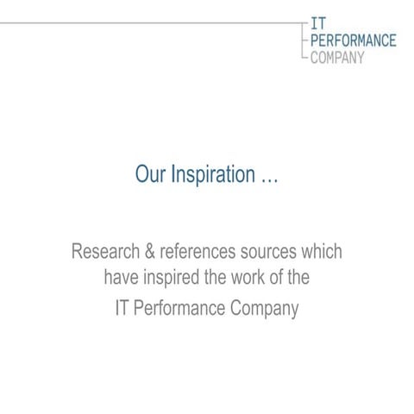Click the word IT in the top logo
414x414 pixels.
318,25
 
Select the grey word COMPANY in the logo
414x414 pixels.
337,56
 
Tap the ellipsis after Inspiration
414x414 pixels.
269,176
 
